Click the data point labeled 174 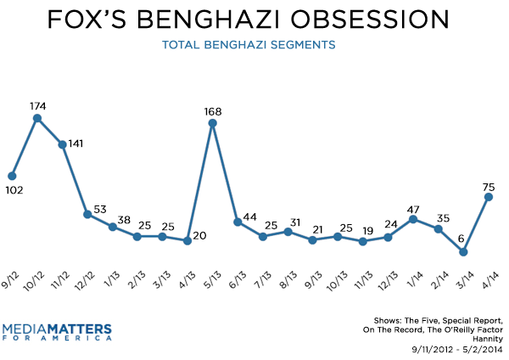(37, 118)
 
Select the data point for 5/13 (212, 123)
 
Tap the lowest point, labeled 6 (462, 252)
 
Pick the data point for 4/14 (488, 197)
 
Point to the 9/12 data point (12, 176)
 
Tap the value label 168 (213, 110)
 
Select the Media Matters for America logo (57, 330)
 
